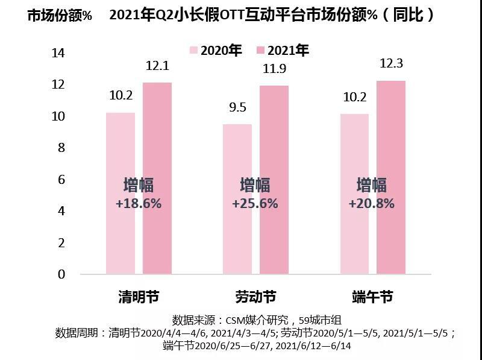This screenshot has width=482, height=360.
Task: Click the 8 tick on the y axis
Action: [60, 148]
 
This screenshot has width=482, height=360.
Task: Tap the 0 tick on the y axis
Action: [60, 274]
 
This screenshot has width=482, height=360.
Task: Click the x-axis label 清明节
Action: [139, 297]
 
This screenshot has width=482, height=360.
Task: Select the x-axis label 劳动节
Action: [255, 297]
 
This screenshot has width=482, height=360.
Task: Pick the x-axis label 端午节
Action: [372, 297]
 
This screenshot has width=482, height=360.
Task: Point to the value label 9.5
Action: [237, 108]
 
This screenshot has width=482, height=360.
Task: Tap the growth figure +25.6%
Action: [255, 204]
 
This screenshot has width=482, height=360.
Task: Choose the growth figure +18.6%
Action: [139, 204]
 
